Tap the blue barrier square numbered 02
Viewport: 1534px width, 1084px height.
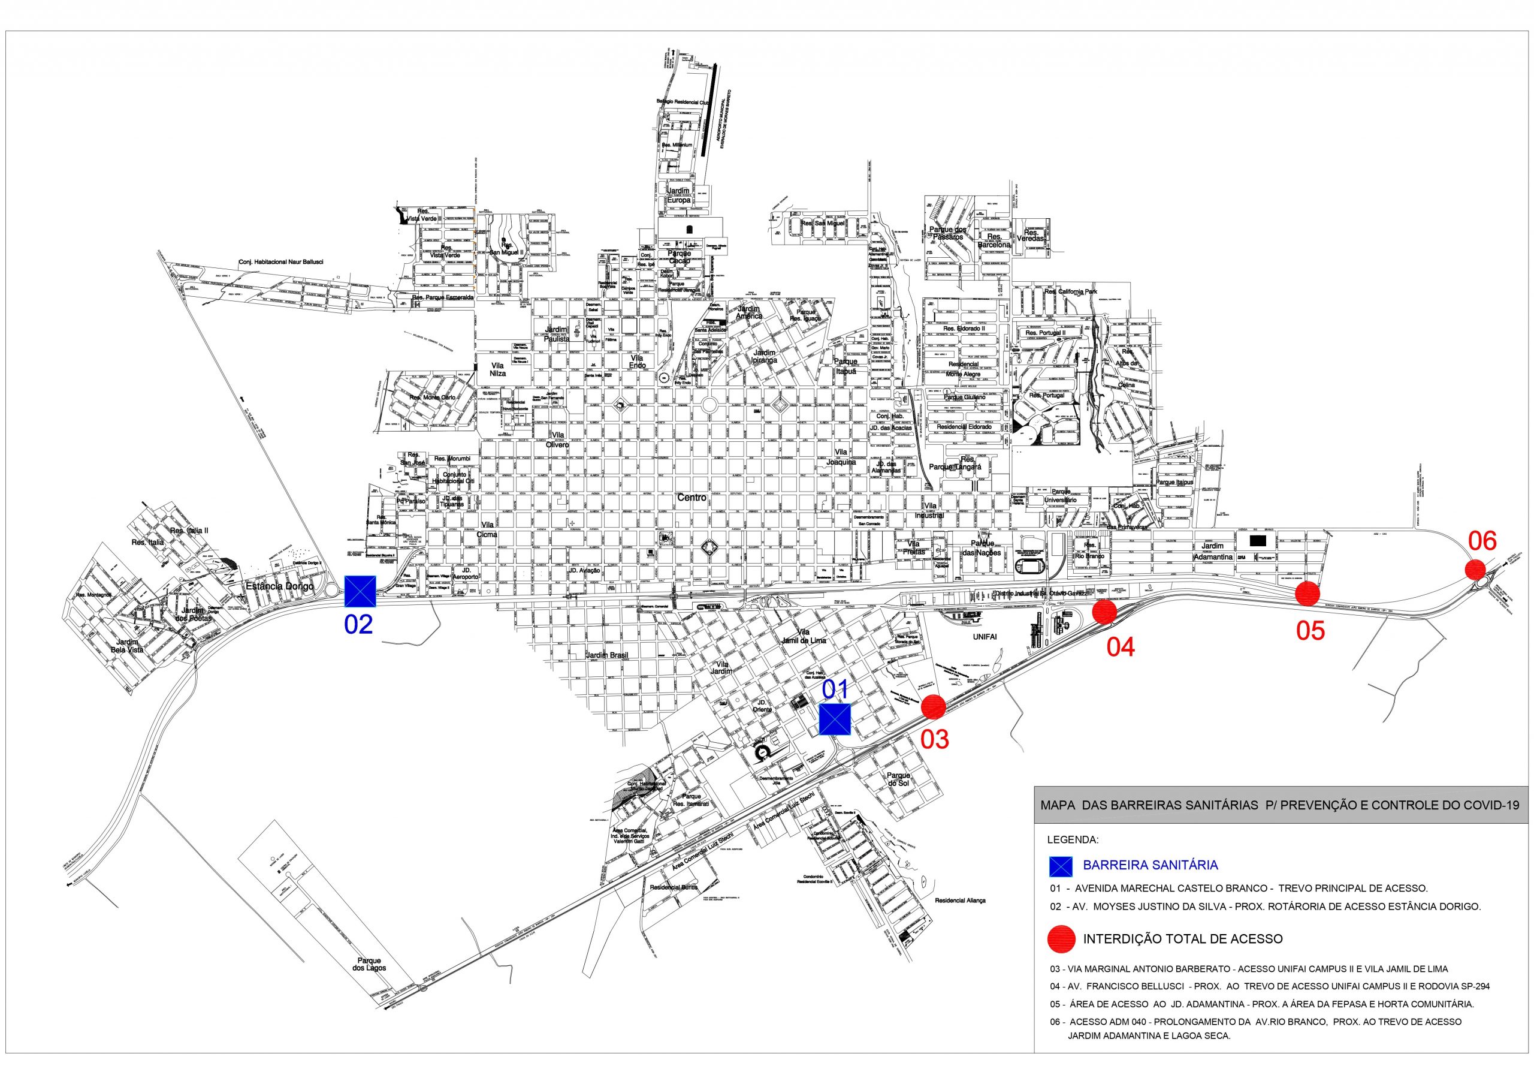click(x=360, y=591)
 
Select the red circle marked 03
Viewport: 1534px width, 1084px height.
click(x=934, y=707)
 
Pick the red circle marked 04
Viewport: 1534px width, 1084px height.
click(x=1104, y=612)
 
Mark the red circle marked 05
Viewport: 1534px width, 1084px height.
click(x=1307, y=594)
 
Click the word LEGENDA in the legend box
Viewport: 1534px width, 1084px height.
click(x=1073, y=839)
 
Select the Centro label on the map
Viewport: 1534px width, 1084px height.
click(x=691, y=498)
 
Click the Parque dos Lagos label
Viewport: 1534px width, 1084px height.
click(x=370, y=963)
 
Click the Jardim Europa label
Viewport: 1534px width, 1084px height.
click(x=678, y=195)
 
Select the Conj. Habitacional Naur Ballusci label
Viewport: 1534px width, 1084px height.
click(x=280, y=263)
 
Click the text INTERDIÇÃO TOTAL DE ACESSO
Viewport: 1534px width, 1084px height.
click(x=1183, y=939)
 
